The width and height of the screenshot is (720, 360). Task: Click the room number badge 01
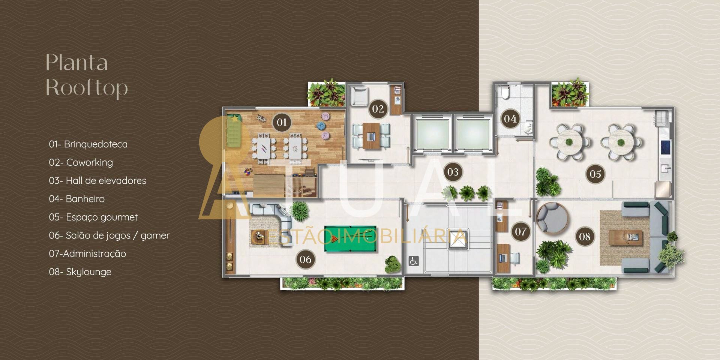(282, 122)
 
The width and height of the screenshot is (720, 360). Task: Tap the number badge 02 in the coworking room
(378, 109)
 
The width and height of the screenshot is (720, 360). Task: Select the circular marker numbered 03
(453, 172)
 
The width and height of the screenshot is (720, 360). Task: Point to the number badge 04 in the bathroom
(510, 119)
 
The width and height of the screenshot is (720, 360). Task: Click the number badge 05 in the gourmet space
(595, 174)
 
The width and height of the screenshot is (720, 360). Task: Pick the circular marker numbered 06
(305, 259)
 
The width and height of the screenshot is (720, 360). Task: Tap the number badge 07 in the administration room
(520, 231)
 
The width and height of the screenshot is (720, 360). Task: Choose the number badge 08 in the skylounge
(585, 237)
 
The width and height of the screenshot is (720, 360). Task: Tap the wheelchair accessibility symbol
(414, 261)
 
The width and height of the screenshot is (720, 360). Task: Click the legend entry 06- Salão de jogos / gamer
(109, 235)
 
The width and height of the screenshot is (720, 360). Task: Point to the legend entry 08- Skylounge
(80, 272)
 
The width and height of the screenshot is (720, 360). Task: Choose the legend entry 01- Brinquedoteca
(88, 144)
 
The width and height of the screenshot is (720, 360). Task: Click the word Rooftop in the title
(87, 88)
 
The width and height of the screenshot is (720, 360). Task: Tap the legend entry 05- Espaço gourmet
(93, 217)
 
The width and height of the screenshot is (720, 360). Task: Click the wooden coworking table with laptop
(371, 136)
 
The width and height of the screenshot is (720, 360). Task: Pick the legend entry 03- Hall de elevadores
(97, 180)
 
